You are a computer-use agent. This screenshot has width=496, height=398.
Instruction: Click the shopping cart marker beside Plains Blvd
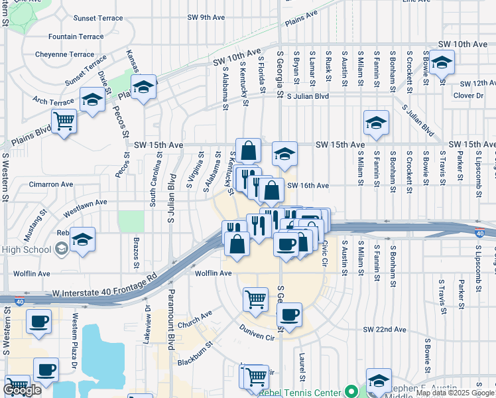pos(64,121)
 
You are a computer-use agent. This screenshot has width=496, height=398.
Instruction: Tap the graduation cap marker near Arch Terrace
pos(92,100)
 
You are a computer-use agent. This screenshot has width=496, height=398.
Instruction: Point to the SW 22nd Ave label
pos(384,330)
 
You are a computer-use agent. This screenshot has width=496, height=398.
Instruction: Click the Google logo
pos(22,390)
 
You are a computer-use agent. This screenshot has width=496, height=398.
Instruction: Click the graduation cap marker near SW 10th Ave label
pos(441,63)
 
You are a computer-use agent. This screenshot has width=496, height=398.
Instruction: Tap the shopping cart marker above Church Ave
pos(255,299)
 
